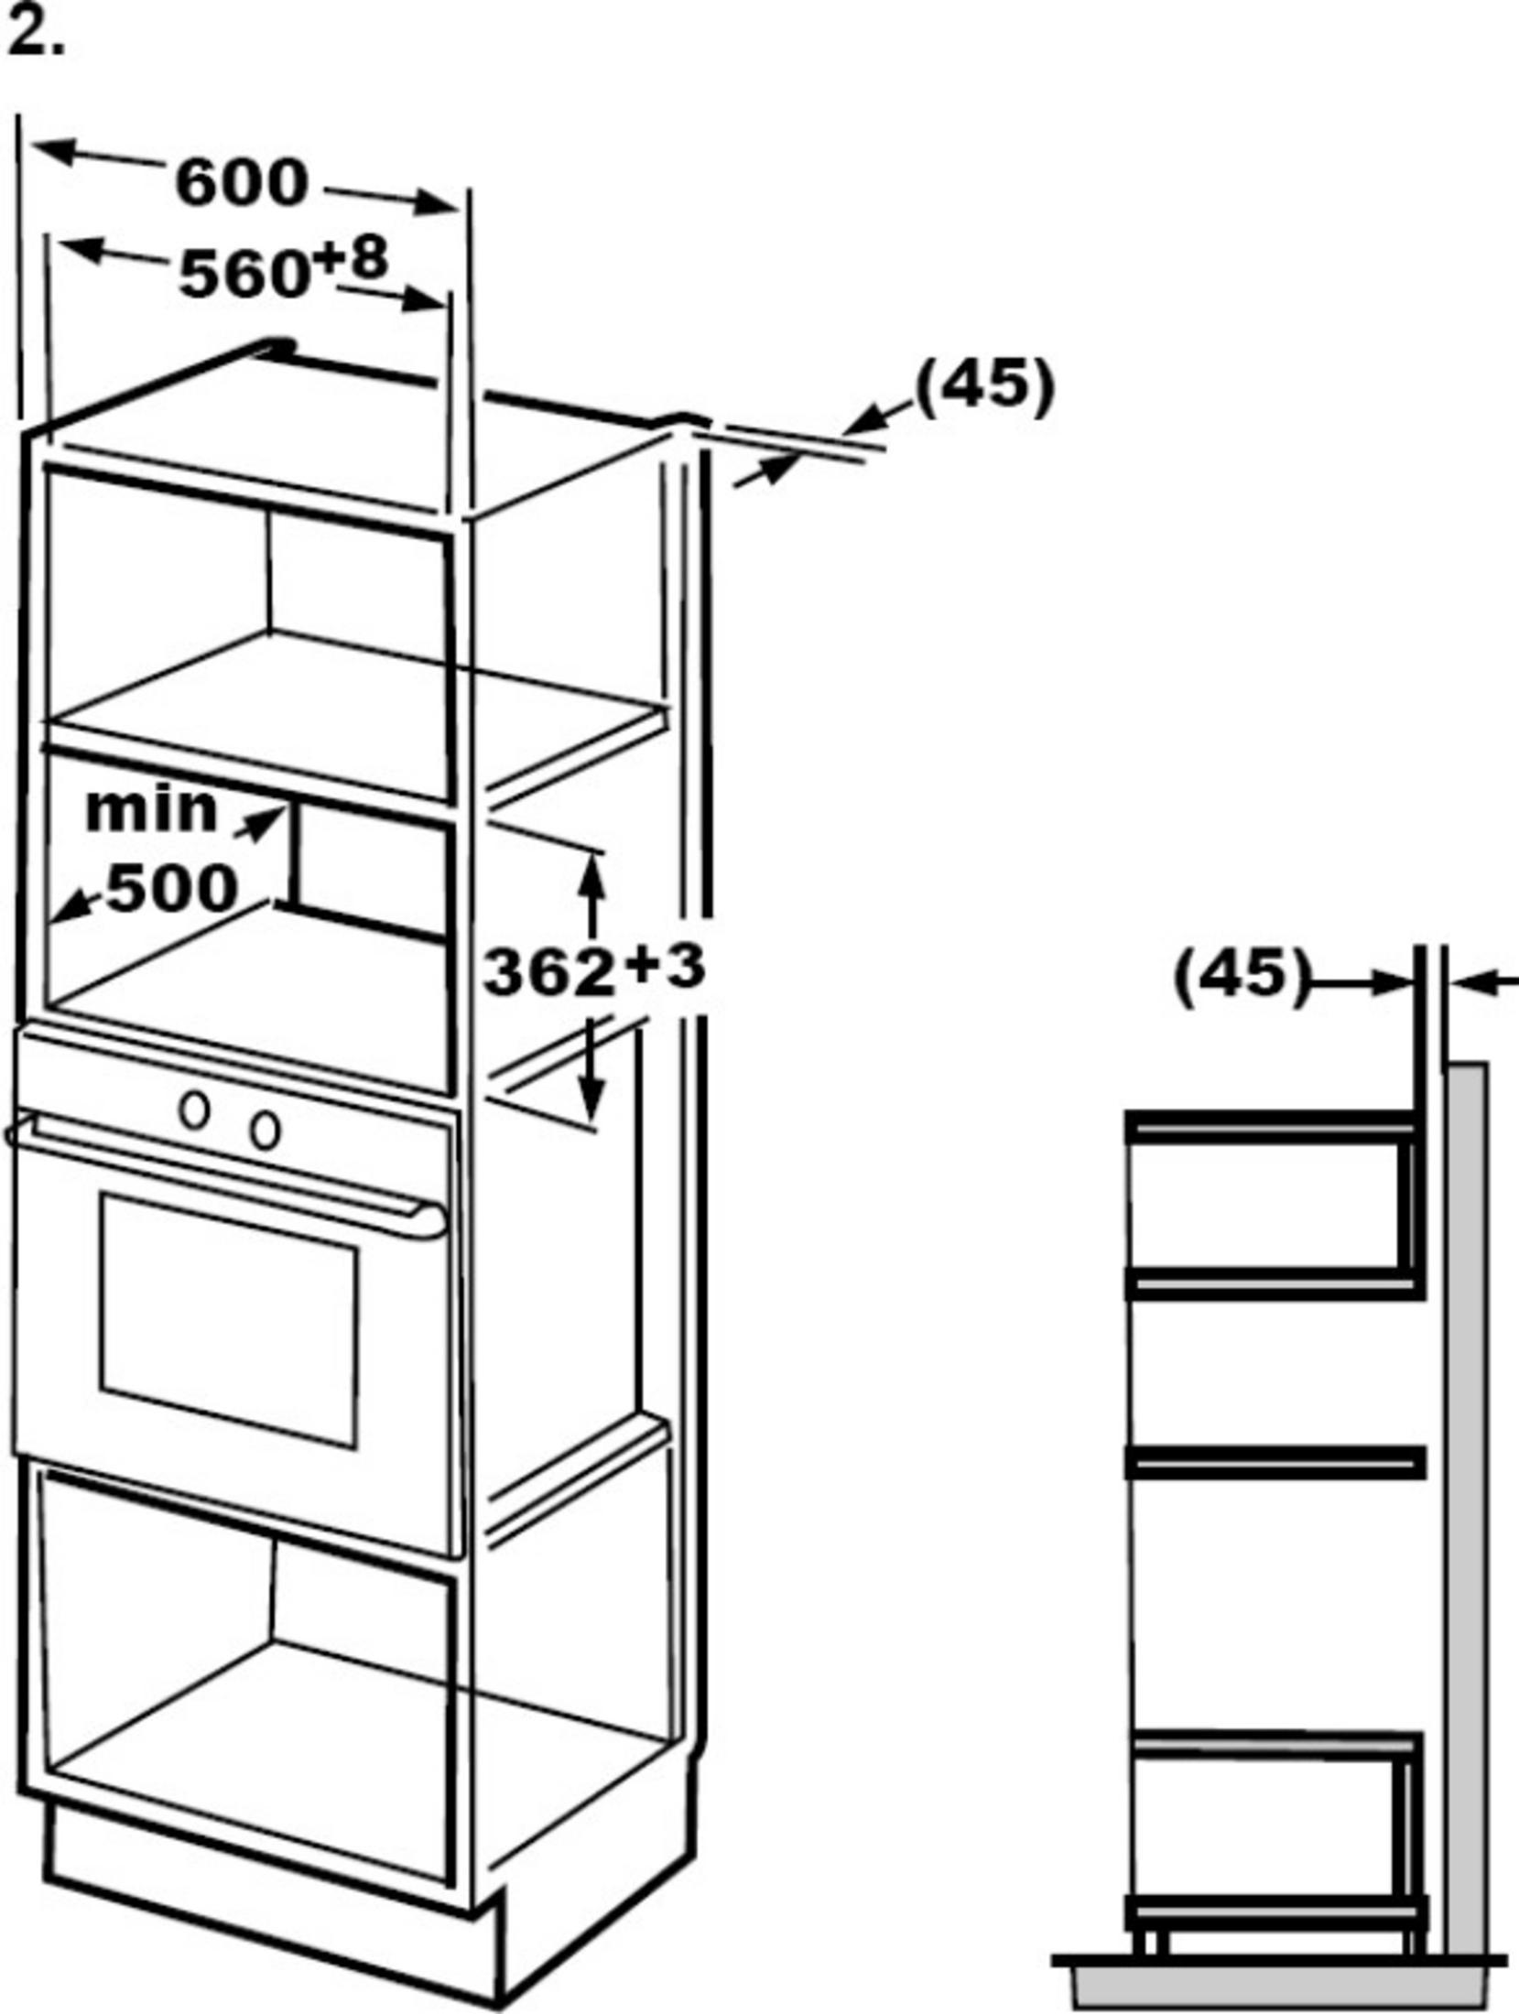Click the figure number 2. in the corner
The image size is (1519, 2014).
pos(36,36)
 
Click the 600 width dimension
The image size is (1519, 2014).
pos(242,182)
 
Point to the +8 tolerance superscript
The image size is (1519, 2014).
pos(351,259)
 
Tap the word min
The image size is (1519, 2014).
pos(152,809)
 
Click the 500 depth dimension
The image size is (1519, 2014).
pos(173,887)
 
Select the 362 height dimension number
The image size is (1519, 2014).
pos(548,971)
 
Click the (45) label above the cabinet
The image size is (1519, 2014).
pos(985,386)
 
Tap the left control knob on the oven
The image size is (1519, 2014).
pos(194,1109)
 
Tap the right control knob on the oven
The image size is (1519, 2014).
pos(266,1130)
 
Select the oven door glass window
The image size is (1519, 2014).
pos(229,1319)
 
